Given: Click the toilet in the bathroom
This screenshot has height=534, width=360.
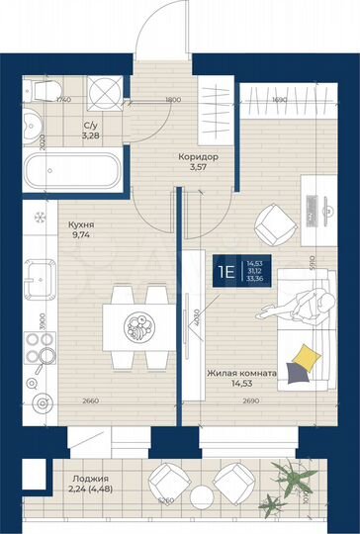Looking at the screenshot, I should coord(43,92).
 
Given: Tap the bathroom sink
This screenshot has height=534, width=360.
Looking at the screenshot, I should coord(32,128).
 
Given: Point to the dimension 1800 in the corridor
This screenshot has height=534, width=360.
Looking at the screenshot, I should coord(172,100).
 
